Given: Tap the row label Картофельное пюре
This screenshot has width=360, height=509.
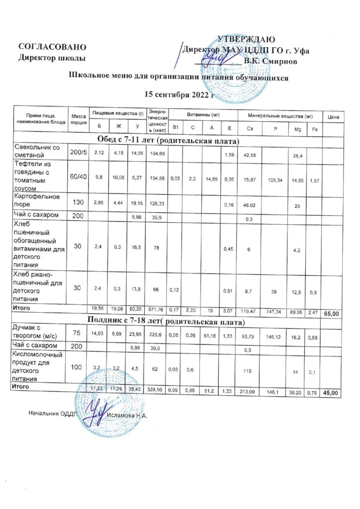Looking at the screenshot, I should coord(38,201).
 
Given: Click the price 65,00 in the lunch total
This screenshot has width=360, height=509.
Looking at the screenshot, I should coord(332,314).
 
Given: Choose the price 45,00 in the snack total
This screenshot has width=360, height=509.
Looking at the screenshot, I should coord(331,393).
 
